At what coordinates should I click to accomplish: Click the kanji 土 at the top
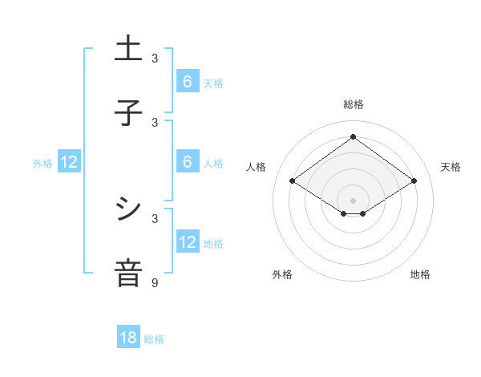pyautogui.click(x=128, y=49)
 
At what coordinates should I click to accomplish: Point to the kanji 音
pyautogui.click(x=128, y=274)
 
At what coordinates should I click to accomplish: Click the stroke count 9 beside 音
pyautogui.click(x=155, y=282)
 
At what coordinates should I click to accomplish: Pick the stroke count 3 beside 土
pyautogui.click(x=155, y=58)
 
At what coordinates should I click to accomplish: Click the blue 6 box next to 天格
pyautogui.click(x=188, y=82)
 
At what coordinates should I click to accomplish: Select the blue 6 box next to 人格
pyautogui.click(x=188, y=162)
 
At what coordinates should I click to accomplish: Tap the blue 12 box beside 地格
pyautogui.click(x=188, y=242)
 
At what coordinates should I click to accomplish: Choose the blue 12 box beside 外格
pyautogui.click(x=69, y=162)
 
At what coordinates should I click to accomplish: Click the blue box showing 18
pyautogui.click(x=128, y=338)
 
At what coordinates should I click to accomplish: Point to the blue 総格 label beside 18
pyautogui.click(x=154, y=339)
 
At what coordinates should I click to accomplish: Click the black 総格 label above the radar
pyautogui.click(x=353, y=104)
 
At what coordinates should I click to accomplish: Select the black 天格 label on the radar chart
pyautogui.click(x=451, y=167)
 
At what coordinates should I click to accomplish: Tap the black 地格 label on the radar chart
pyautogui.click(x=420, y=274)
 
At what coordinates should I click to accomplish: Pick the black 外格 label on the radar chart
pyautogui.click(x=282, y=274)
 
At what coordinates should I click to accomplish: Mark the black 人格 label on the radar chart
pyautogui.click(x=256, y=167)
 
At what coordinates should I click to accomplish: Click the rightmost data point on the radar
pyautogui.click(x=414, y=181)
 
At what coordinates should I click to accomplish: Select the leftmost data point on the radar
pyautogui.click(x=293, y=181)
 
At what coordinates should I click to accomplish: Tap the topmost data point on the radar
pyautogui.click(x=353, y=137)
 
